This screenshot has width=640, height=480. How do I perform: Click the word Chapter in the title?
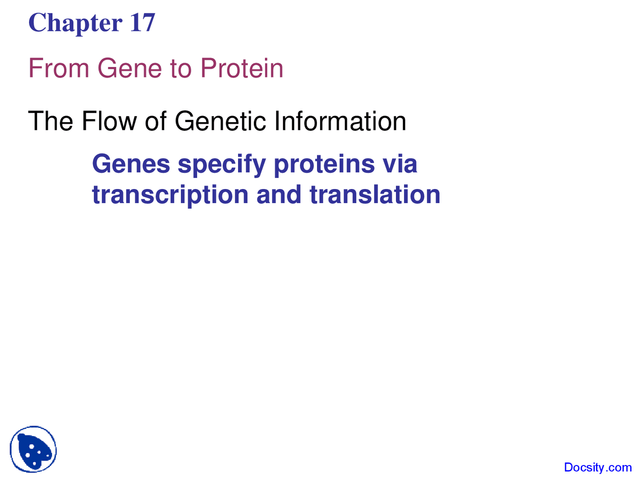pyautogui.click(x=75, y=23)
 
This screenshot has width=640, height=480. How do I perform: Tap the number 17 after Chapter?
pyautogui.click(x=142, y=23)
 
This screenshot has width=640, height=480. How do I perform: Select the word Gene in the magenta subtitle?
pyautogui.click(x=130, y=68)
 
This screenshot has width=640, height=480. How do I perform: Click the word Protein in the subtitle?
pyautogui.click(x=242, y=68)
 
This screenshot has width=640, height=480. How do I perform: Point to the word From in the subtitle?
pyautogui.click(x=59, y=68)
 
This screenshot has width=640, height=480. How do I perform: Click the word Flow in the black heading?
pyautogui.click(x=109, y=121)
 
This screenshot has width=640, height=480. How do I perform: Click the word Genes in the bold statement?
pyautogui.click(x=131, y=164)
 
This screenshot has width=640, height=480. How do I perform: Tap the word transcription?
pyautogui.click(x=170, y=195)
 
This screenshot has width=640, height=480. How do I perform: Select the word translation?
pyautogui.click(x=375, y=194)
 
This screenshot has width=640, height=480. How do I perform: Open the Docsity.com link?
pyautogui.click(x=597, y=467)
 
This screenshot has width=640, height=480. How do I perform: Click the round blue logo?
pyautogui.click(x=33, y=449)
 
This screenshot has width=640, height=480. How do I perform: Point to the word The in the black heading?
pyautogui.click(x=50, y=121)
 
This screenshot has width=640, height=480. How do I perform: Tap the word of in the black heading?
pyautogui.click(x=155, y=121)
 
